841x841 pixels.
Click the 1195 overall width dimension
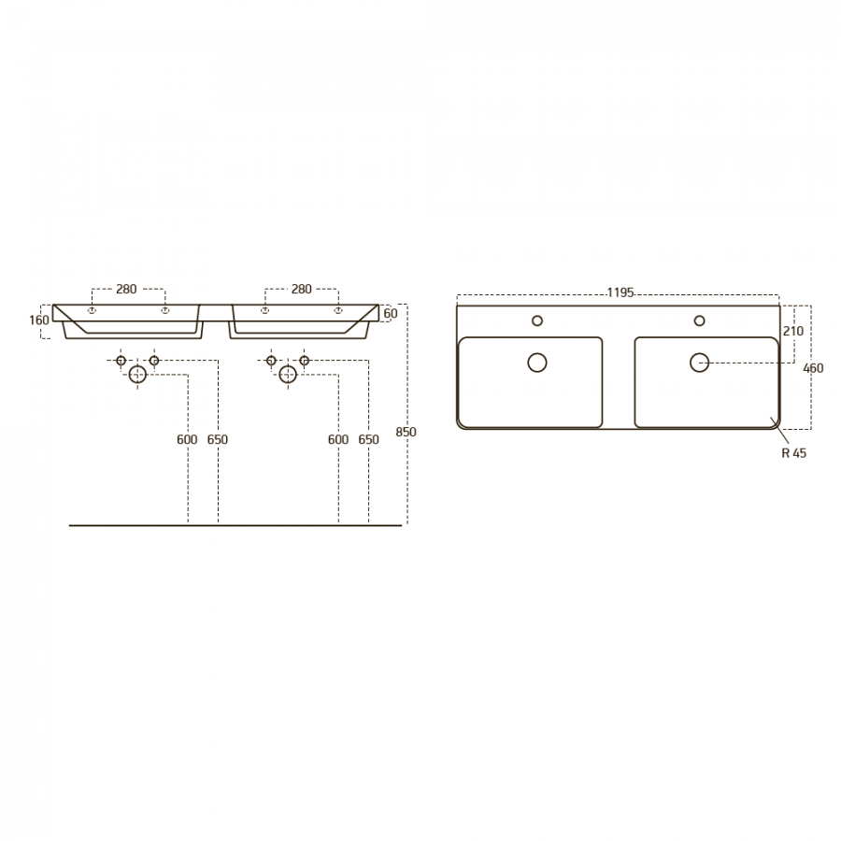coord(620,292)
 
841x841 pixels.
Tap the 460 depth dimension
coord(813,368)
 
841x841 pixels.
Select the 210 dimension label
coord(793,331)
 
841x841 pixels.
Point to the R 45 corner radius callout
coord(793,453)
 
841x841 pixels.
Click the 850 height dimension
coord(406,432)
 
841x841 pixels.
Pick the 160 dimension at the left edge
coord(39,321)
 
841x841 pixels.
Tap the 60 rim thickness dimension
coord(391,313)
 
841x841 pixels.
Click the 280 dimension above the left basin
coord(126,289)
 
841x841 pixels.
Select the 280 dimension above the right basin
coord(302,289)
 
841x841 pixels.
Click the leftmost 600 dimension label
coord(187,440)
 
